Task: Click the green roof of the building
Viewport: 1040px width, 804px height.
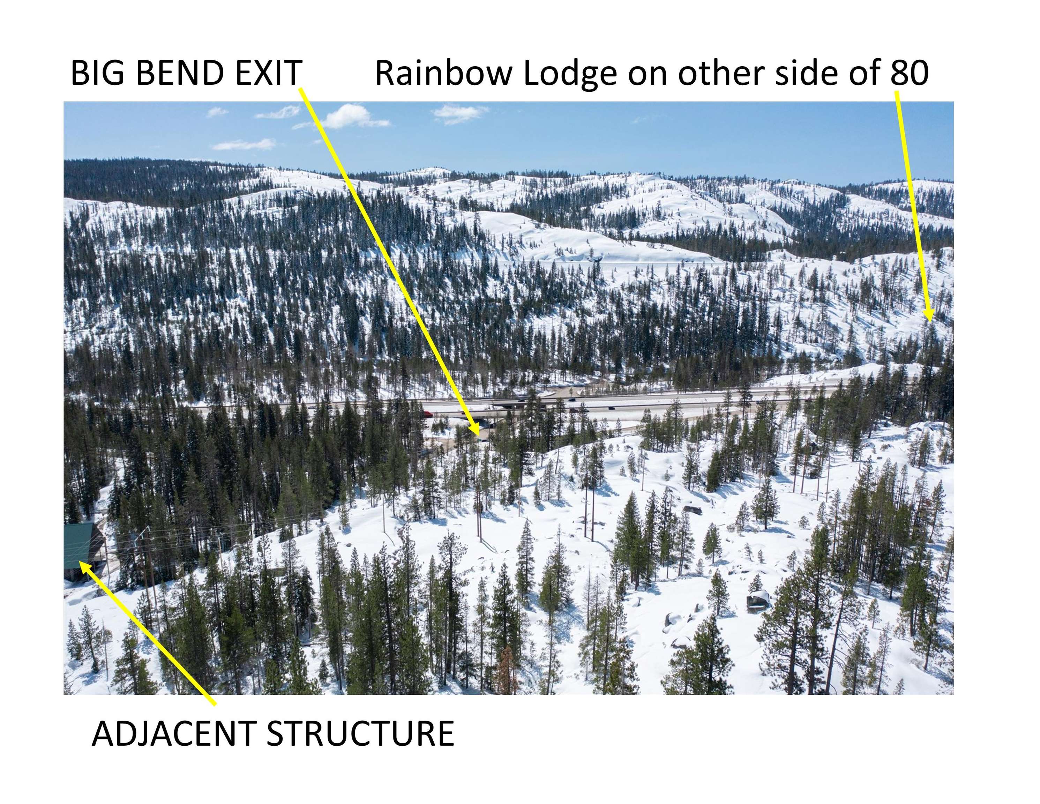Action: (78, 545)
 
